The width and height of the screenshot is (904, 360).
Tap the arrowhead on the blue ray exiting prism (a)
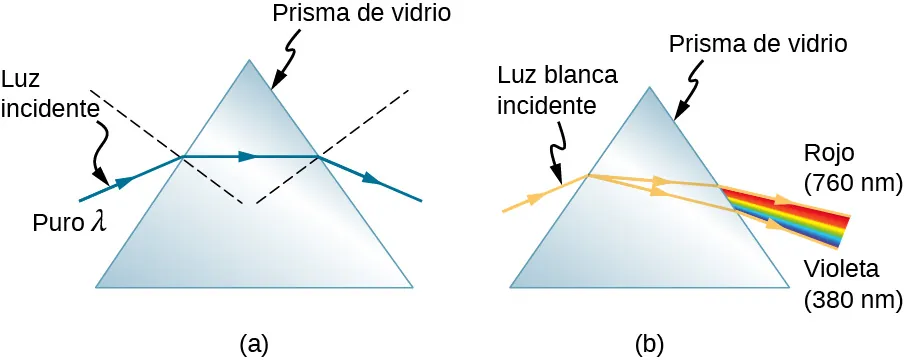coord(371,179)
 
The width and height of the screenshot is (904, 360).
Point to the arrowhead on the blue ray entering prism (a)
coord(125,181)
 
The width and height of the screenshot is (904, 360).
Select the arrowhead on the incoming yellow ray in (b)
coord(538,197)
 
